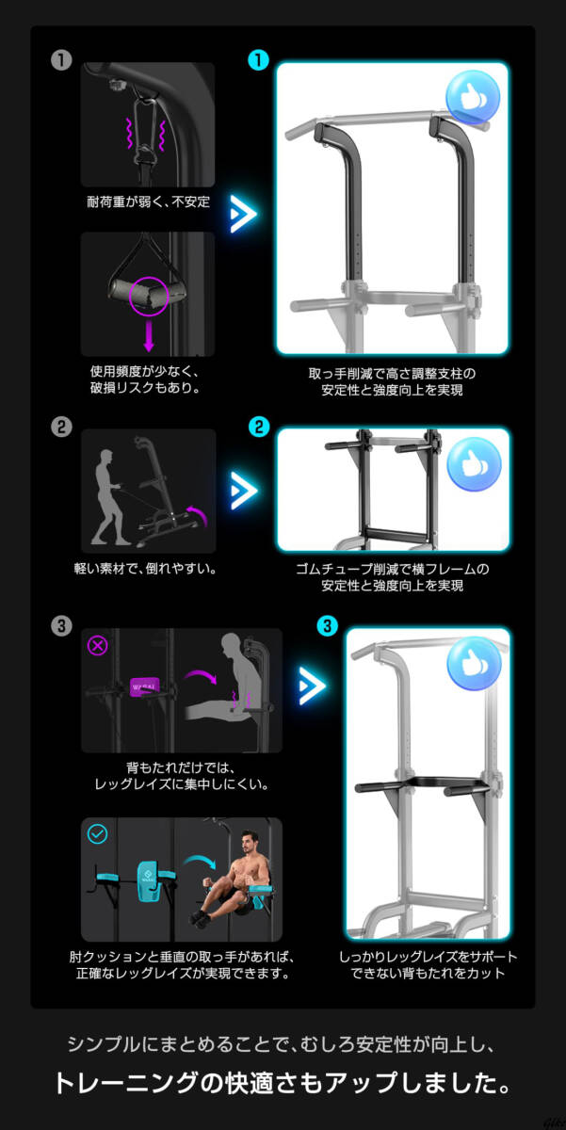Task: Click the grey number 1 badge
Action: point(61,60)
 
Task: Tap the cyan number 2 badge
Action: point(257,428)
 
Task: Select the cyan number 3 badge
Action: point(327,626)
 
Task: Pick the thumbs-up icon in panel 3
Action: point(474,662)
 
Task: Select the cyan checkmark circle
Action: point(97,834)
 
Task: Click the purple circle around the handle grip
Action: point(148,295)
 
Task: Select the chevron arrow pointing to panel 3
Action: point(312,685)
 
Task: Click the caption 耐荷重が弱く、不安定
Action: point(148,202)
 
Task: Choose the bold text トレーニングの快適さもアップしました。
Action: point(283,1083)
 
